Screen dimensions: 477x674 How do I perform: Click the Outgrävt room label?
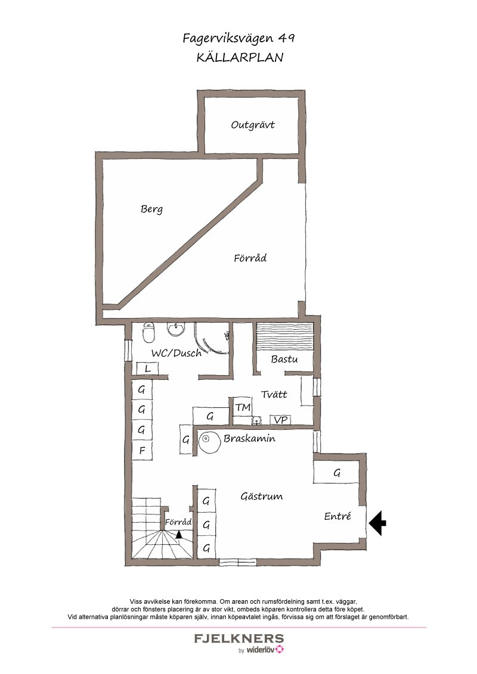253,125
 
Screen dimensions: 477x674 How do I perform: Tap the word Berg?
151,210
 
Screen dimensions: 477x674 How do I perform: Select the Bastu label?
284,359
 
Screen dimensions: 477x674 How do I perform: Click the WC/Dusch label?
176,353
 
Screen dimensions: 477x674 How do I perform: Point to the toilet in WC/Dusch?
149,333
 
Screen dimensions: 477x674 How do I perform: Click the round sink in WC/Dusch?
176,330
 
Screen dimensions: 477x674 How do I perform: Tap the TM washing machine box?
243,407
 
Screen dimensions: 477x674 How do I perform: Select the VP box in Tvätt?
281,420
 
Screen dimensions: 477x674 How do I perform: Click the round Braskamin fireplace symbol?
210,441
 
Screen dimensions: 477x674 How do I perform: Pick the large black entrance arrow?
377,523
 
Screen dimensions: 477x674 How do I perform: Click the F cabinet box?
142,451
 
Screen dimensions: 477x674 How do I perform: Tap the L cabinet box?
148,369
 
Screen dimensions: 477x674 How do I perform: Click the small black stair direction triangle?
179,534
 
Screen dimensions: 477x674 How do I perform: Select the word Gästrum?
261,497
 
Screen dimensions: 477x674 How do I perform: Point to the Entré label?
337,516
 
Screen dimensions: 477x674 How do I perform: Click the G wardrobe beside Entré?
336,473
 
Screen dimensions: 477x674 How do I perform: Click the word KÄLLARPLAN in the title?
240,58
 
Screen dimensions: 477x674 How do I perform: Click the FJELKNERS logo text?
239,638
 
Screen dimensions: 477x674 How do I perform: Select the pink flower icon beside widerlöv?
280,649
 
